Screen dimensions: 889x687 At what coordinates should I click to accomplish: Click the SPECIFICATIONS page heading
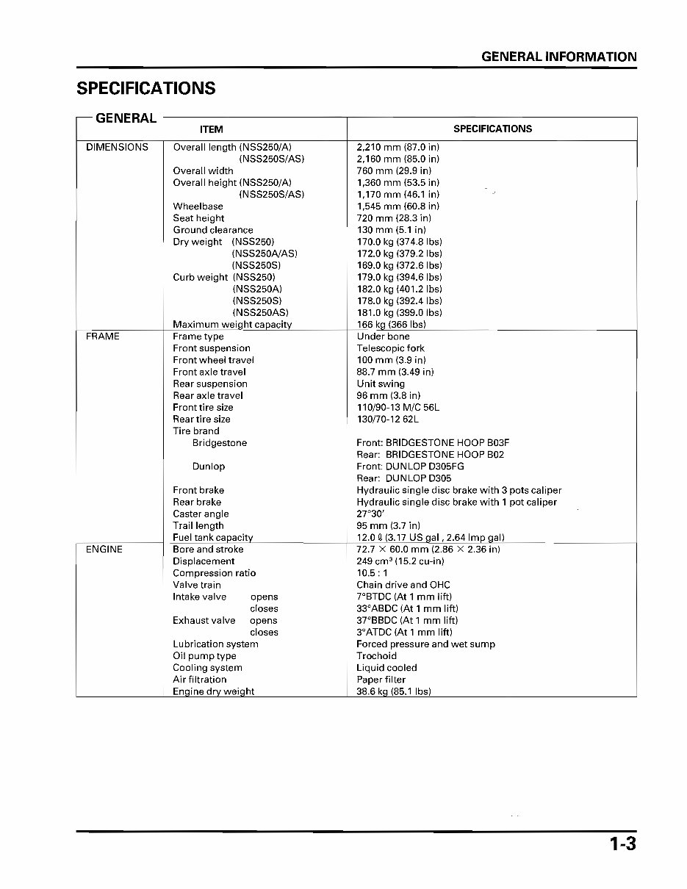(146, 88)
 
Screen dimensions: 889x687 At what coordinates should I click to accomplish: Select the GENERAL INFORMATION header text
(558, 57)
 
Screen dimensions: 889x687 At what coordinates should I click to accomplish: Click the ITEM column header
(211, 129)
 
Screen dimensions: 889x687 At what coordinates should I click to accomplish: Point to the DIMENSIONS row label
(117, 147)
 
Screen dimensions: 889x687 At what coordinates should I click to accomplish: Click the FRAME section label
(102, 336)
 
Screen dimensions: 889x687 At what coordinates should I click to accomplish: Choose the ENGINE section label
(104, 550)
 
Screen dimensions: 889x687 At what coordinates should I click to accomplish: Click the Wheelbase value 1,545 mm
(398, 206)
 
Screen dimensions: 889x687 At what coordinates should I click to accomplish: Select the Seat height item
(198, 218)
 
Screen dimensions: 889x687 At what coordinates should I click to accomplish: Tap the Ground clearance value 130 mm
(391, 230)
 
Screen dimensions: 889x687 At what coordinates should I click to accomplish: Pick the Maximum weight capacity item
(232, 325)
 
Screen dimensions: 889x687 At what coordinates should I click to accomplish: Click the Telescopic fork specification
(390, 348)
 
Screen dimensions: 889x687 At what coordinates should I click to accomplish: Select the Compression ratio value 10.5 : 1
(372, 573)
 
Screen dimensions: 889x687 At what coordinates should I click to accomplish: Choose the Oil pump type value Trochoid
(376, 656)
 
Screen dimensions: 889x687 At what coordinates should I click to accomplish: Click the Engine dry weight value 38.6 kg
(393, 691)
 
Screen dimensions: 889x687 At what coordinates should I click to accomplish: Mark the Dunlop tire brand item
(209, 467)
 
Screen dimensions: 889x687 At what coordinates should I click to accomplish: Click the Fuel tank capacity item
(212, 538)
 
